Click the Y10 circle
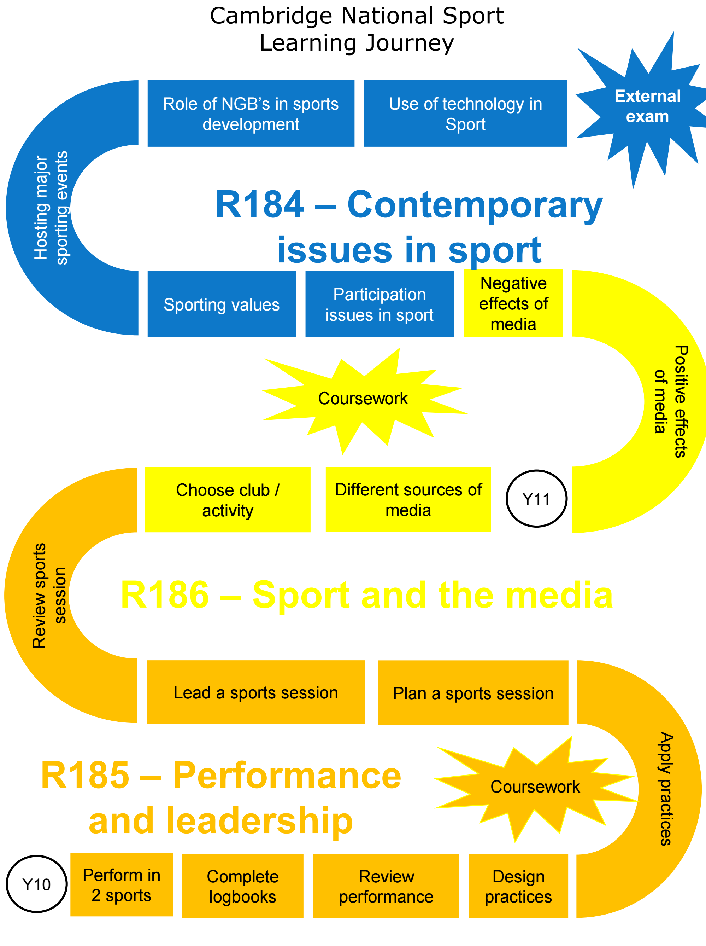37,884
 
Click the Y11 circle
536,499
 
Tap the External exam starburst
647,107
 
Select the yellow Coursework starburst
363,399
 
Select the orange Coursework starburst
535,787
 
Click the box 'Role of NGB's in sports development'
251,114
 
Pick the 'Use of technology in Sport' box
465,114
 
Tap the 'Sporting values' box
221,304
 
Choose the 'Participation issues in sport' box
380,304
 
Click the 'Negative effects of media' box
513,304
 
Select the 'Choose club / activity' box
228,500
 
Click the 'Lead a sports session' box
255,692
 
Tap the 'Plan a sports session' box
473,693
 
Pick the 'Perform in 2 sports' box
121,885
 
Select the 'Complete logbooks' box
243,886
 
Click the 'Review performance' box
386,886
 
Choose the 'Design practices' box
518,886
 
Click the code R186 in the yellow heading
165,595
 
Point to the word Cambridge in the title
271,16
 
